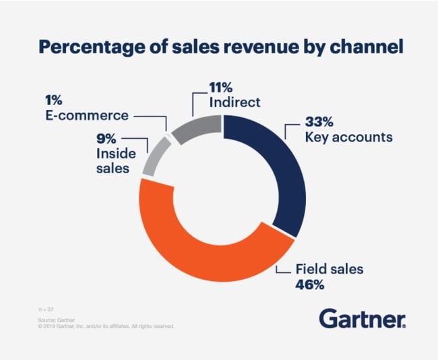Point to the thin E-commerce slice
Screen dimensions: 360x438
(x=168, y=138)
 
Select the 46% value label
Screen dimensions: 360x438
(x=310, y=284)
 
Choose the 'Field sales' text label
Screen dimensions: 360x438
(x=330, y=270)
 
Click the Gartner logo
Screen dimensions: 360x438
(x=362, y=318)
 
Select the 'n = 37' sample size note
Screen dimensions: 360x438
(x=46, y=308)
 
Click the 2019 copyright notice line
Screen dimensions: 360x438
(x=106, y=326)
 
